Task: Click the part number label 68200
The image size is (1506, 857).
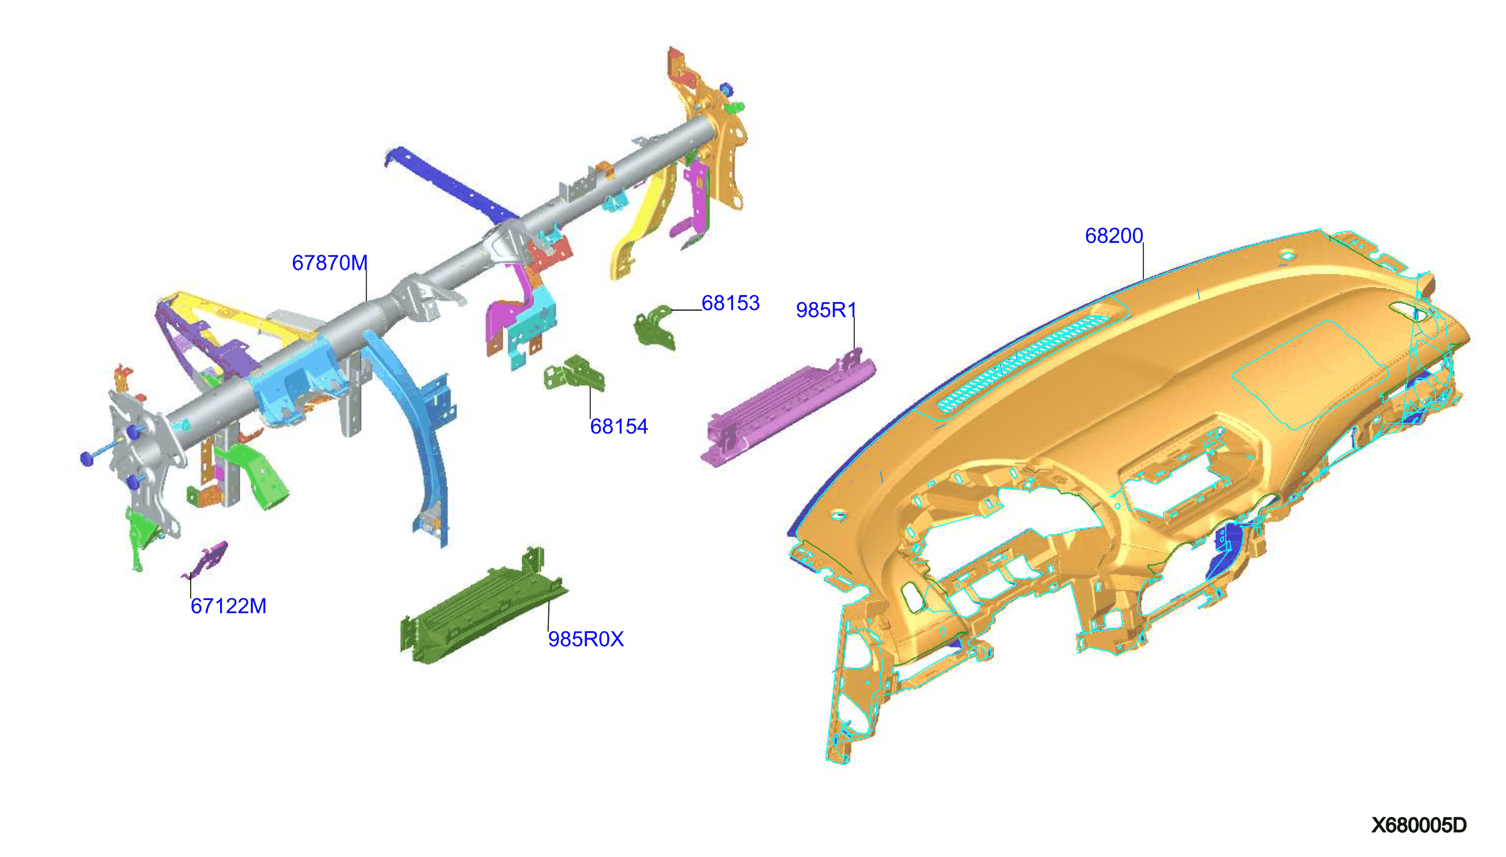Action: click(1113, 236)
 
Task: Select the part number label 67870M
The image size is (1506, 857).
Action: click(330, 263)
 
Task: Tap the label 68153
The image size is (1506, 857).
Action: click(730, 303)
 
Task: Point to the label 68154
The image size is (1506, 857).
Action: click(619, 426)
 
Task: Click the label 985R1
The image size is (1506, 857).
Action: click(826, 310)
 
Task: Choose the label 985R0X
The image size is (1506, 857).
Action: click(586, 639)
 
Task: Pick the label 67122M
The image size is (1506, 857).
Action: click(228, 606)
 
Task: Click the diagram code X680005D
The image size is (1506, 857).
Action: click(1419, 825)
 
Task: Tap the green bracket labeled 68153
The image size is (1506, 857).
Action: click(653, 327)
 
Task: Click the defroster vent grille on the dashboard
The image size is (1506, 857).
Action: click(1023, 362)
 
